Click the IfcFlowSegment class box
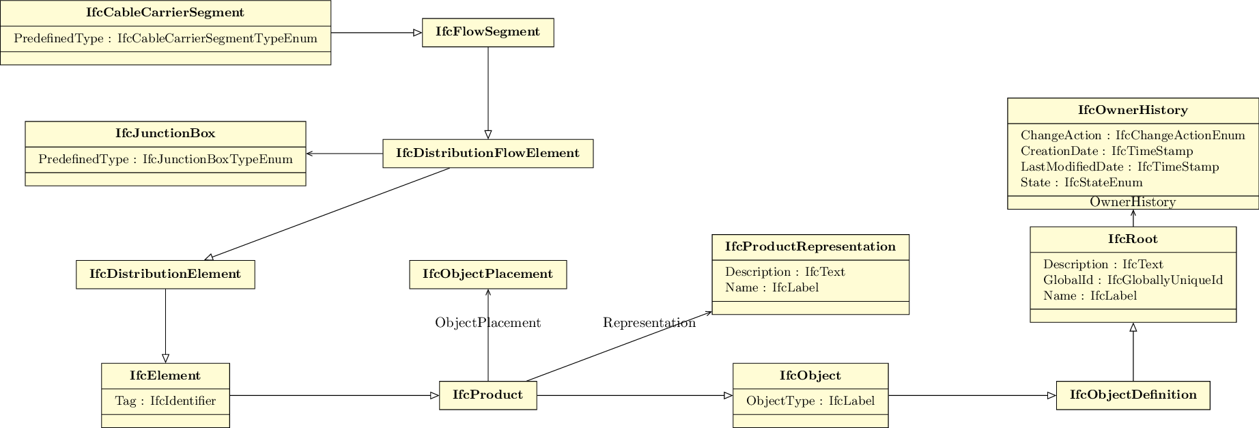point(487,32)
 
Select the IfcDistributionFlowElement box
point(487,154)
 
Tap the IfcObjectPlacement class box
point(487,274)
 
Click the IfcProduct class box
point(487,395)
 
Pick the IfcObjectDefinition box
point(1133,395)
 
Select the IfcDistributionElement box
point(165,274)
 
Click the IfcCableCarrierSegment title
point(165,13)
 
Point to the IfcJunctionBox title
point(165,134)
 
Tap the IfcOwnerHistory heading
point(1133,110)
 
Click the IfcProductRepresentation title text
point(810,246)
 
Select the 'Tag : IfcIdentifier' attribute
point(165,401)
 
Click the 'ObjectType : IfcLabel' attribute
point(810,401)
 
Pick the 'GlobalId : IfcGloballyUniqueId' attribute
point(1133,280)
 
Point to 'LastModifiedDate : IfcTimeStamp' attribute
point(1120,167)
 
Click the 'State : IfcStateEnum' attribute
point(1081,182)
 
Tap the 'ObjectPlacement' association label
point(487,323)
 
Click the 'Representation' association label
point(649,323)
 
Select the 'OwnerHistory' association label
point(1133,202)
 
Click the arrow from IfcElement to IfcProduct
point(335,395)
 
